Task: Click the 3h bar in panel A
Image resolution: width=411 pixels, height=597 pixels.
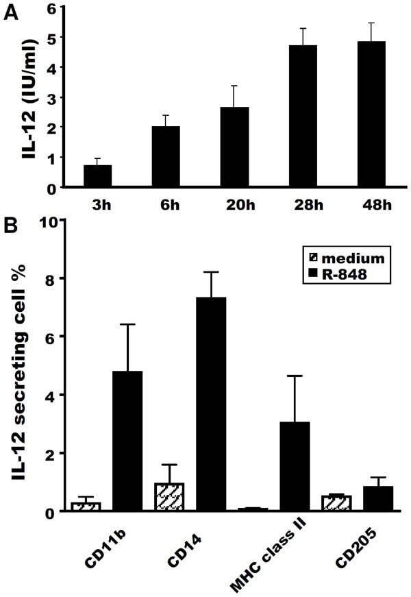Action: click(x=97, y=175)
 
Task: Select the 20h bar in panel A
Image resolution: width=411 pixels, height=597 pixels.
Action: click(x=234, y=147)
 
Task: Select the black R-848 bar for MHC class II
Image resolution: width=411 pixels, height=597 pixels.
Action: click(x=295, y=466)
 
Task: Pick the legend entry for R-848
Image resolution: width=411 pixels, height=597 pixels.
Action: click(x=336, y=273)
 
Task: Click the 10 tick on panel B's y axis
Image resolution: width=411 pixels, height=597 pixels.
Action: click(x=53, y=221)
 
